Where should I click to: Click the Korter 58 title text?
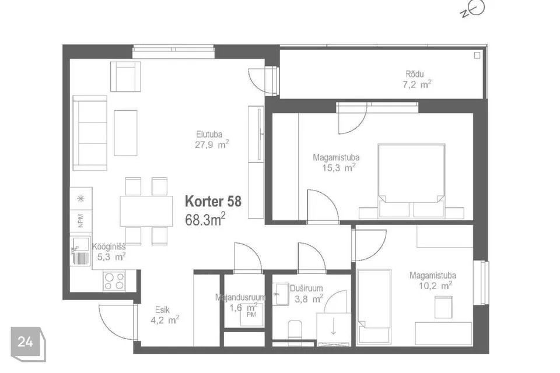pos(213,202)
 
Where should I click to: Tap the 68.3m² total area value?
pos(205,220)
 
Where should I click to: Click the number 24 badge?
pos(26,342)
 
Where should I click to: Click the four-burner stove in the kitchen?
pos(114,281)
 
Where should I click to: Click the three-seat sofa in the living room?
pos(90,133)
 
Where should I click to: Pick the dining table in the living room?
pos(146,210)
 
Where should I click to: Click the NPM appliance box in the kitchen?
pos(80,221)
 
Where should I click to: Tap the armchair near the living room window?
pos(125,76)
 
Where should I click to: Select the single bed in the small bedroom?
pos(374,307)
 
